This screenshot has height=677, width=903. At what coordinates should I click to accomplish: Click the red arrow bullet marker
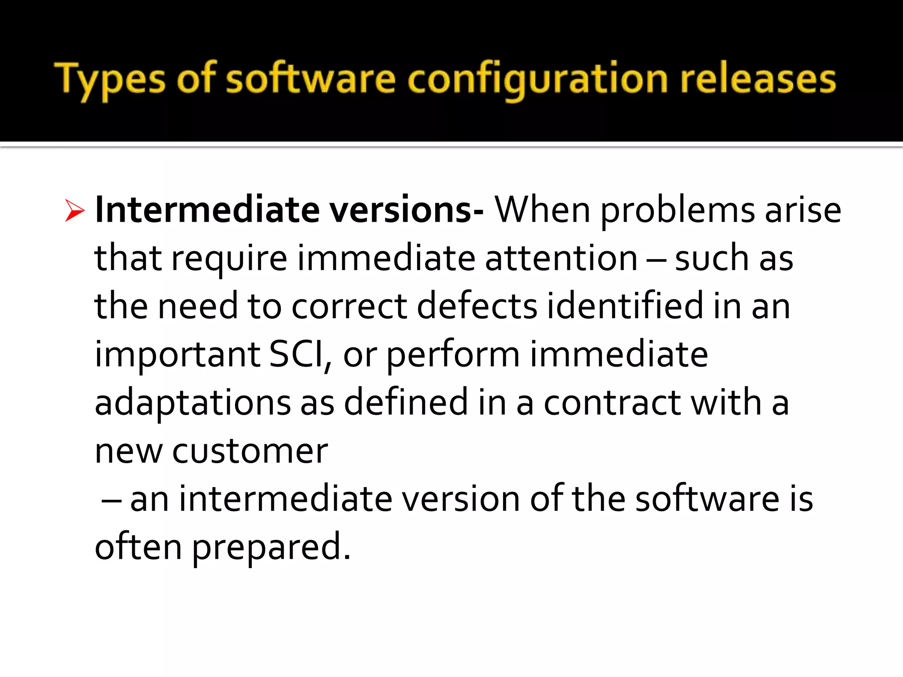[74, 210]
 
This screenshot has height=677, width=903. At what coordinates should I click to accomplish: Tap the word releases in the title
[758, 79]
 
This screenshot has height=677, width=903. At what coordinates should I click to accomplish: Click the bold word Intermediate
[207, 209]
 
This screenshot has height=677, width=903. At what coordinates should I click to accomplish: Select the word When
[542, 209]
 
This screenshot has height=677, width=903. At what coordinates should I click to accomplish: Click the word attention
[561, 258]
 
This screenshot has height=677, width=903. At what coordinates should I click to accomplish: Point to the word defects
[477, 305]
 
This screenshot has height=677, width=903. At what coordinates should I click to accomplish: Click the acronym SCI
[297, 354]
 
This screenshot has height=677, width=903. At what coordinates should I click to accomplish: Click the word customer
[250, 451]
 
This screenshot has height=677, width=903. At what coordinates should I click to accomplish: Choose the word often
[138, 547]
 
